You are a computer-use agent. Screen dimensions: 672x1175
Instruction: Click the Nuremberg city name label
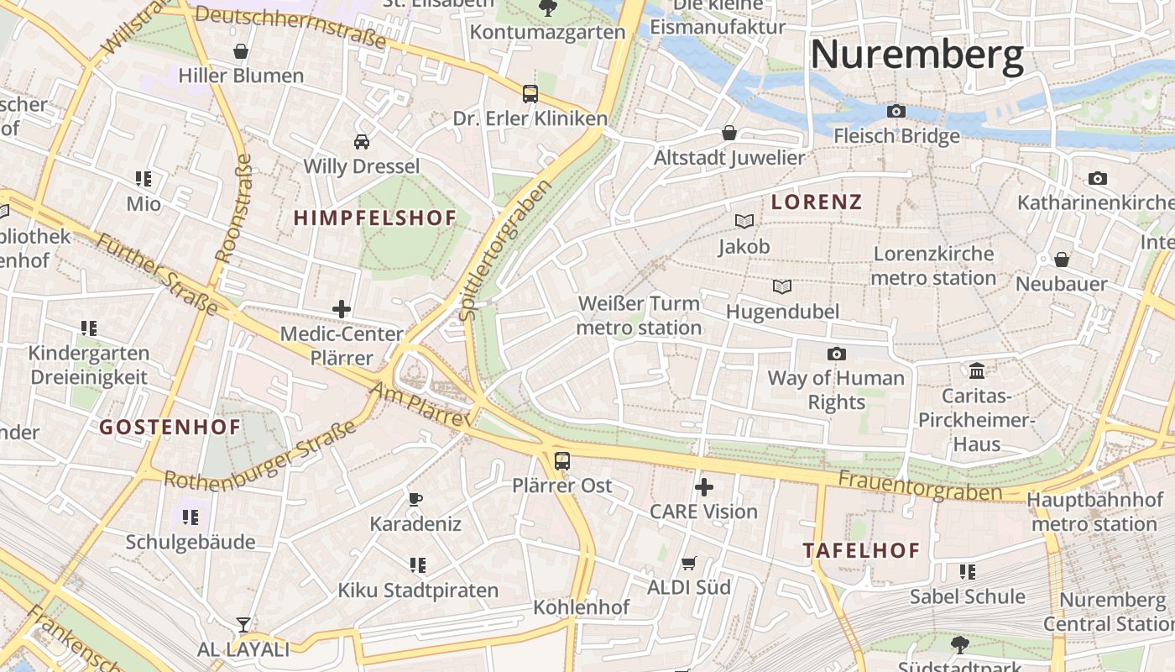916,55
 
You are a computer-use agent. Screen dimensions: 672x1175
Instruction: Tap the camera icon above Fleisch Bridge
896,111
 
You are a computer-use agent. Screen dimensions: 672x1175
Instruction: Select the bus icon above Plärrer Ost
561,460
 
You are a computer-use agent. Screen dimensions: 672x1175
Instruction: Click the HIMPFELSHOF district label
375,218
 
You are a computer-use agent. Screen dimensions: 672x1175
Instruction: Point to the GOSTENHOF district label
170,427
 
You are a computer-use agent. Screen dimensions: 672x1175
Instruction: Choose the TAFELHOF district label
861,551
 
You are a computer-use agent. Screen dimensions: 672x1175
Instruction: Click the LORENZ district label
817,202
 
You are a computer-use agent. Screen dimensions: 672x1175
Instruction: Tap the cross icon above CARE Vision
704,486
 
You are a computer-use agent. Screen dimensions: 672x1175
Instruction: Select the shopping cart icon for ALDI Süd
688,563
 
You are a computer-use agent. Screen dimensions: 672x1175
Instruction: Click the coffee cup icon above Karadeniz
415,499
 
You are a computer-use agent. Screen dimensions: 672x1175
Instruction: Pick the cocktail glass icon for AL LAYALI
243,624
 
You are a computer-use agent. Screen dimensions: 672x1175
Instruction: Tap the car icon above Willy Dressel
361,141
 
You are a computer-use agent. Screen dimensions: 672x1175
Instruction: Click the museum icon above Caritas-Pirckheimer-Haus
976,370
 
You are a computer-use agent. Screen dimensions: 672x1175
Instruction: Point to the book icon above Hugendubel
782,286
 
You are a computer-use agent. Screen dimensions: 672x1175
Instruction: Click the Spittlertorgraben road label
505,250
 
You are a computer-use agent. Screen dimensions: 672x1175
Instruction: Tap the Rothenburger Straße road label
260,459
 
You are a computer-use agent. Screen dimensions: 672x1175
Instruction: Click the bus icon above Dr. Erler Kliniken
530,93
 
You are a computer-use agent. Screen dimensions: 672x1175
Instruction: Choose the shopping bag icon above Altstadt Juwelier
728,133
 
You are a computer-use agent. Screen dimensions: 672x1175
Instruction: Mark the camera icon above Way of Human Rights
836,354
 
